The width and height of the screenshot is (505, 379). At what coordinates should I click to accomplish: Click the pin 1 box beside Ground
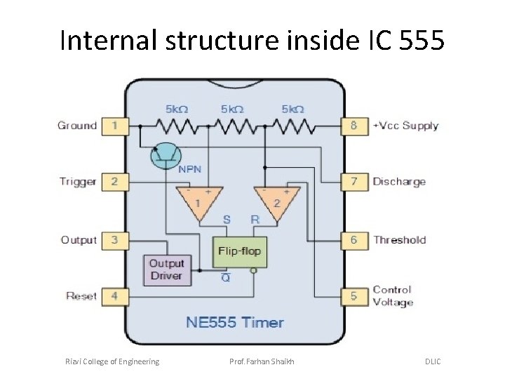point(115,126)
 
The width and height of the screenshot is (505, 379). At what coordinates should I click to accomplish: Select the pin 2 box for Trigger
point(115,182)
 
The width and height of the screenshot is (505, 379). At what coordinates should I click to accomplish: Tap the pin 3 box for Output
point(115,240)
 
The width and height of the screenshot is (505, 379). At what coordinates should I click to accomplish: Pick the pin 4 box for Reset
point(115,296)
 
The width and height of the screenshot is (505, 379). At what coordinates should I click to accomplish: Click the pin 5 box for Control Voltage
point(353,296)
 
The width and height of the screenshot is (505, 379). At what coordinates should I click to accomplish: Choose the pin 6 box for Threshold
point(353,240)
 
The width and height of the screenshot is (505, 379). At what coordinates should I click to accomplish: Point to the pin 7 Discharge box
point(353,182)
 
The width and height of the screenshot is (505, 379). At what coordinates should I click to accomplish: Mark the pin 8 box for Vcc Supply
point(353,126)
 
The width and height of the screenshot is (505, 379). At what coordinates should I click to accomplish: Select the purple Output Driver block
point(166,270)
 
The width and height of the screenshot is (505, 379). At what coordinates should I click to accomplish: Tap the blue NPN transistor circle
point(166,155)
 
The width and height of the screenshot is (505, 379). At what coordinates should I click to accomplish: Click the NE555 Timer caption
point(234,323)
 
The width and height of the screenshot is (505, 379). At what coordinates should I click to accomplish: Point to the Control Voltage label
point(393,296)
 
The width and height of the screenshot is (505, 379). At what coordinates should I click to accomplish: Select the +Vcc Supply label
point(405,126)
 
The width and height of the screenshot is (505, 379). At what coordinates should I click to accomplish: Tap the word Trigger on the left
point(78,182)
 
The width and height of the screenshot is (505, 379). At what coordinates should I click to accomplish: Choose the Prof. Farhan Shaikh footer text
point(263,361)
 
